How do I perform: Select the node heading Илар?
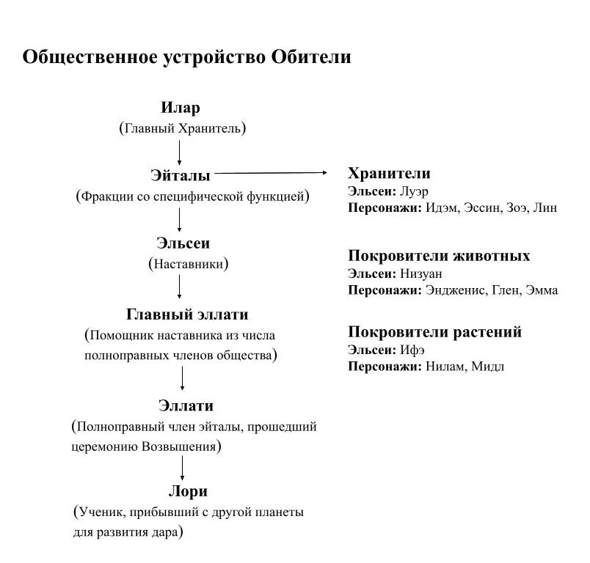[181, 108]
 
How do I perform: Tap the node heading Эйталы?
[181, 176]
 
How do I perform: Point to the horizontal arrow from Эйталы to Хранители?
[272, 173]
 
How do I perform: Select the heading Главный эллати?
[188, 314]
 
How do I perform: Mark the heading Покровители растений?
[434, 332]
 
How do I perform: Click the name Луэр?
[415, 191]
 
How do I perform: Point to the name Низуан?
[422, 273]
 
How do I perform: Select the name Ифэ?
[413, 350]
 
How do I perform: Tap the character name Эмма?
[542, 290]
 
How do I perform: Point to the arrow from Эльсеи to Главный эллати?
[181, 286]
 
